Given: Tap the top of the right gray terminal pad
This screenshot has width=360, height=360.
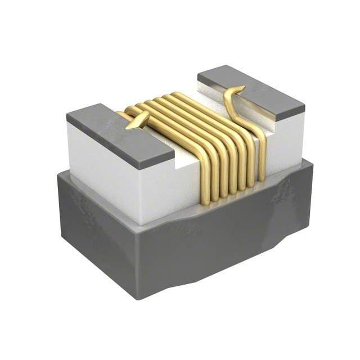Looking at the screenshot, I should coord(250,91).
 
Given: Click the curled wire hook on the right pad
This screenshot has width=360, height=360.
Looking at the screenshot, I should coord(233,96).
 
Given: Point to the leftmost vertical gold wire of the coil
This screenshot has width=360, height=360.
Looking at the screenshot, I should coord(205,180).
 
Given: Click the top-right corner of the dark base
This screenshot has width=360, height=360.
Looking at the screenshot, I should coord(307,160).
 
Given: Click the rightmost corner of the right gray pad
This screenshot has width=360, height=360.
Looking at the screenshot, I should coord(304,105).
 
